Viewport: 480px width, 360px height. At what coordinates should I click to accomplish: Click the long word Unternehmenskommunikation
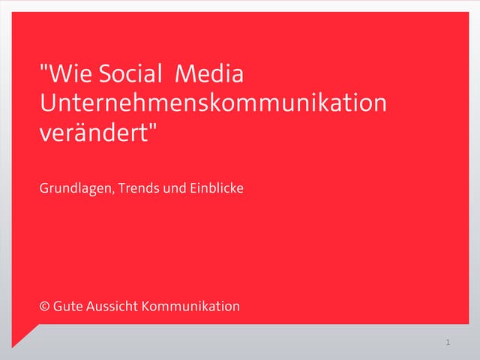[x=213, y=103]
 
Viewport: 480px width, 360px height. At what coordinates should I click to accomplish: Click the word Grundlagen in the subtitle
[x=74, y=188]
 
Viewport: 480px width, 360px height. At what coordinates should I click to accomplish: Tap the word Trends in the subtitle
[x=138, y=187]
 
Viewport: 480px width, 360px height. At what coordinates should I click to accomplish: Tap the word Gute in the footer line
[x=67, y=306]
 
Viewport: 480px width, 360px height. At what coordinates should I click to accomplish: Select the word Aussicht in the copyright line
[x=112, y=306]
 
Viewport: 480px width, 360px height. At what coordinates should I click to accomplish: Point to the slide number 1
[x=447, y=343]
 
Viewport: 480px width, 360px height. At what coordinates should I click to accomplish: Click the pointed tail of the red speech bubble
[x=16, y=342]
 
